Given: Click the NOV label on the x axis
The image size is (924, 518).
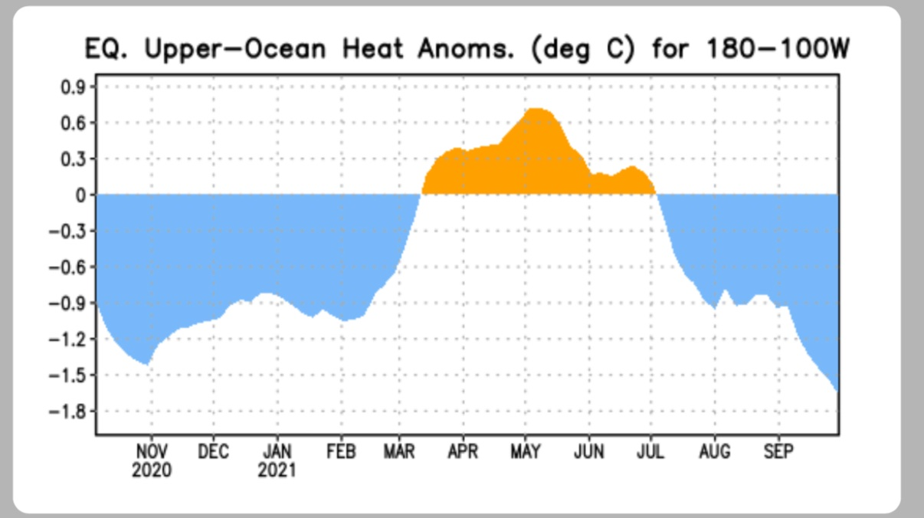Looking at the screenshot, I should pyautogui.click(x=151, y=452).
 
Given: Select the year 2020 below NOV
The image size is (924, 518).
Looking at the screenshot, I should pyautogui.click(x=151, y=470).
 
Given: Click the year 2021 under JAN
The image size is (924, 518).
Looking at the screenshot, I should pyautogui.click(x=277, y=470).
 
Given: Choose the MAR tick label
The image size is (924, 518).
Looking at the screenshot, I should pyautogui.click(x=399, y=452).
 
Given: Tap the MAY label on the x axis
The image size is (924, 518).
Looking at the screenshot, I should pyautogui.click(x=526, y=452).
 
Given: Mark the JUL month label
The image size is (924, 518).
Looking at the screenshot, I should pyautogui.click(x=651, y=452).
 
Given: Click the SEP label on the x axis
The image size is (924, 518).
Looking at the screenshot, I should pyautogui.click(x=778, y=452).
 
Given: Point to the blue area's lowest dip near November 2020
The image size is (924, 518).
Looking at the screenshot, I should pyautogui.click(x=146, y=362).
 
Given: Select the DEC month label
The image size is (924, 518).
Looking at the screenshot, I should pyautogui.click(x=214, y=452).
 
